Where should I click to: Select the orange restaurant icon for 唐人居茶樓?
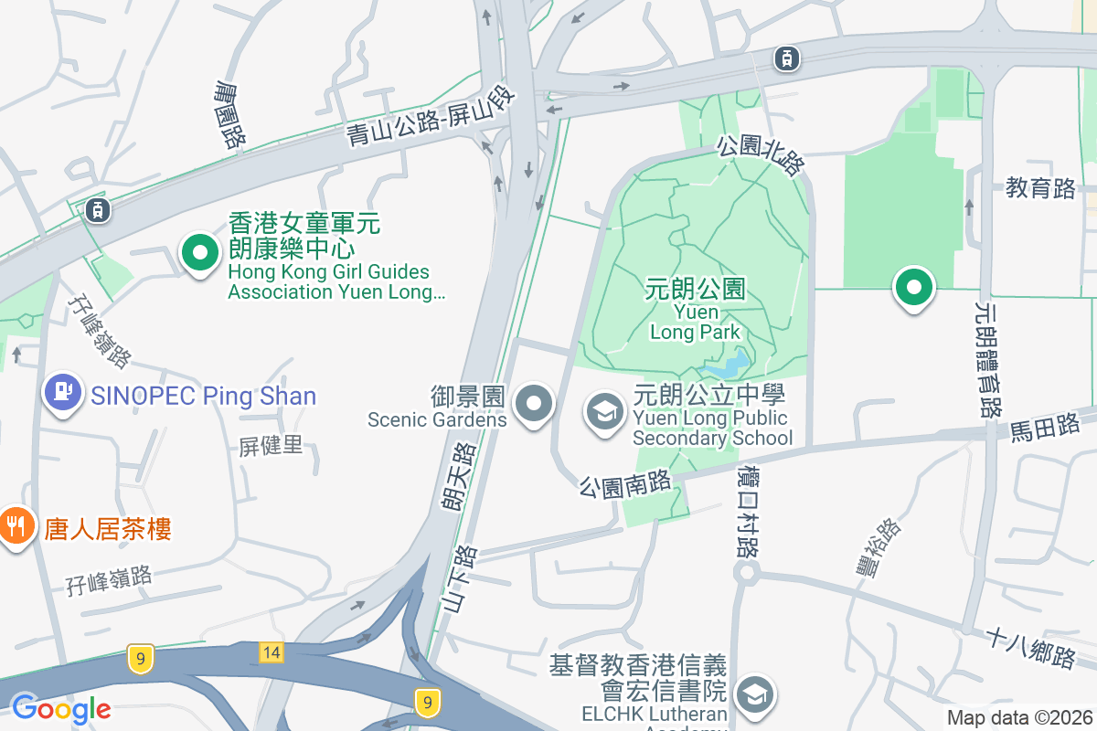click(x=15, y=527)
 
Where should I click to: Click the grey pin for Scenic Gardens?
click(x=535, y=403)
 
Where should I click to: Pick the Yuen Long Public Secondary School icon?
click(x=604, y=412)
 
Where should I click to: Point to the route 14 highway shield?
click(x=271, y=652)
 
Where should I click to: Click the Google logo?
click(x=61, y=709)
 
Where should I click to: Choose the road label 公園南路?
click(x=624, y=482)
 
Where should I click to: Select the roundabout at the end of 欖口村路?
click(x=747, y=574)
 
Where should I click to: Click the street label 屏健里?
click(x=271, y=446)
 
